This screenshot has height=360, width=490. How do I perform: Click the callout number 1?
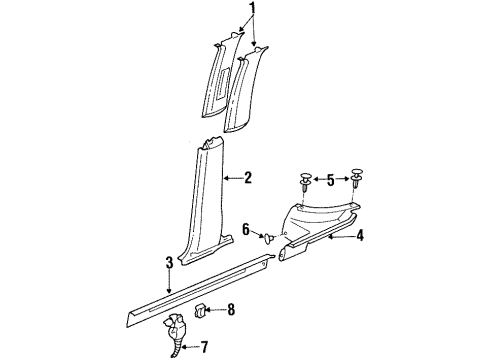tap(253, 9)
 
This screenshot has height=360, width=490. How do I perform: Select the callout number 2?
tap(248, 178)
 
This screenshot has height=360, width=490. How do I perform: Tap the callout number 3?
tap(170, 262)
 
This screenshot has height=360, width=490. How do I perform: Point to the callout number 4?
tap(359, 236)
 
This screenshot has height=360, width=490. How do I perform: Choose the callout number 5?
tap(330, 180)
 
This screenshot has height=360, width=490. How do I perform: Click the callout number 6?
tap(246, 229)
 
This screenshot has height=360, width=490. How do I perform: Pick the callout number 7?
tap(204, 347)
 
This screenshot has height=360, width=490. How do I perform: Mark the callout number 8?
tap(231, 310)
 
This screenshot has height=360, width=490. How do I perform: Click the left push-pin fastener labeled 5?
tap(306, 182)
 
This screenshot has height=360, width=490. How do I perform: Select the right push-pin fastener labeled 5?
tap(357, 178)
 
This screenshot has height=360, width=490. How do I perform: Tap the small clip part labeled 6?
tap(269, 238)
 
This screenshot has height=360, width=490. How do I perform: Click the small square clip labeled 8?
tap(199, 310)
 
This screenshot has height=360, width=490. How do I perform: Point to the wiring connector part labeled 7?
tap(174, 333)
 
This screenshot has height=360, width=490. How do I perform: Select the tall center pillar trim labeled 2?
tap(207, 200)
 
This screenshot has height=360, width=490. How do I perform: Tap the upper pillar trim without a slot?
tap(246, 89)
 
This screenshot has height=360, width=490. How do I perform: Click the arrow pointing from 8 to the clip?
tap(215, 310)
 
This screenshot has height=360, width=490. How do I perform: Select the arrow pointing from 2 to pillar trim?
tap(233, 178)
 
